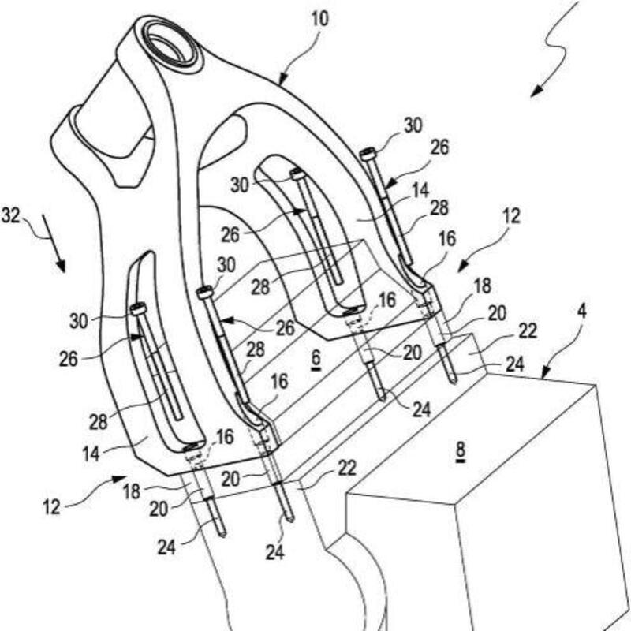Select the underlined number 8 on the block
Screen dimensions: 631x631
tap(461, 450)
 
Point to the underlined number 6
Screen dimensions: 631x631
tap(315, 357)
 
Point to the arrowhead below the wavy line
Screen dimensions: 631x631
tap(536, 91)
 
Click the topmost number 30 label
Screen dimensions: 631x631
tap(413, 125)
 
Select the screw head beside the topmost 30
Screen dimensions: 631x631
tap(367, 155)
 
